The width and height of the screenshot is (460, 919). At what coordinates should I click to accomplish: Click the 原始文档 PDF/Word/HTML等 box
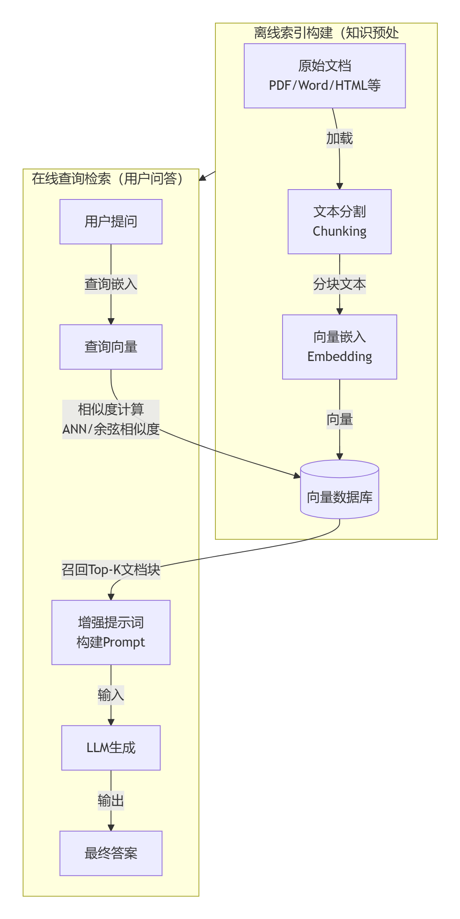[325, 76]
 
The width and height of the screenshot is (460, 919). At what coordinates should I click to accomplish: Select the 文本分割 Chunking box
[339, 222]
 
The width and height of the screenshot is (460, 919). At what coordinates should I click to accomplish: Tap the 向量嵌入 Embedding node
[339, 347]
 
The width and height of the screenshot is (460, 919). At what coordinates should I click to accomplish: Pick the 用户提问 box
[111, 222]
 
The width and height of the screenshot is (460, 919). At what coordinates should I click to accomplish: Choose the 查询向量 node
[111, 347]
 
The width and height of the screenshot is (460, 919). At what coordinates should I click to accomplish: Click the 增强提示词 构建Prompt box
[111, 632]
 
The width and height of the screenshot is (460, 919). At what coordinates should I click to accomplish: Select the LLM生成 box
[111, 748]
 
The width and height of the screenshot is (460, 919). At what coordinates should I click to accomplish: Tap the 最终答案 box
[111, 853]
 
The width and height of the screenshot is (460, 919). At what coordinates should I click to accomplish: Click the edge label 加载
[339, 138]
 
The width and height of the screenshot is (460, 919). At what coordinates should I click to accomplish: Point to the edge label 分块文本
[339, 284]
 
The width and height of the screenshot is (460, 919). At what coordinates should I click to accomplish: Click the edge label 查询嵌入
[111, 284]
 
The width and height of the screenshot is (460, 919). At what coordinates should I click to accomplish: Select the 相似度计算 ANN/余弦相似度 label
[111, 419]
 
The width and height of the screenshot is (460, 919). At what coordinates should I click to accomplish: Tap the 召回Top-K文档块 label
[111, 570]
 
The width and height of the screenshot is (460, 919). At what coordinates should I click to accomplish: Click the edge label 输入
[111, 695]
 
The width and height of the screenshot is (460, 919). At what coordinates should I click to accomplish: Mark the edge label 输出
[111, 800]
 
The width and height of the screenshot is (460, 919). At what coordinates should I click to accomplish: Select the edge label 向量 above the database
[339, 419]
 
